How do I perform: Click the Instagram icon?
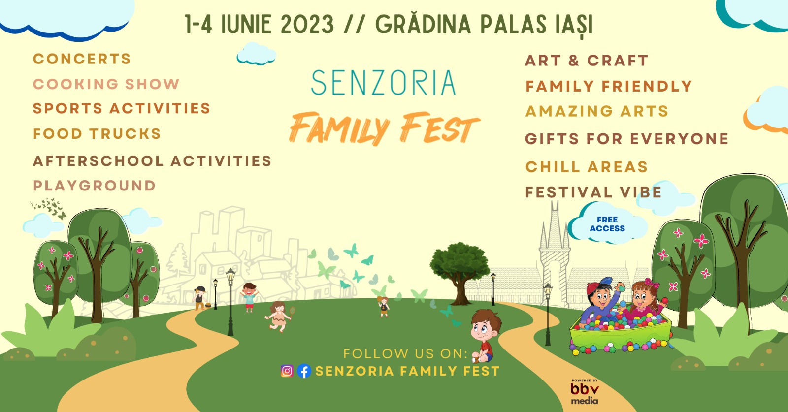pos(287,371)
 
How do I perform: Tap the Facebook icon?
pos(304,371)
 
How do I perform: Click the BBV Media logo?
pos(585,392)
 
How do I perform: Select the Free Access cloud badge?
pos(608,224)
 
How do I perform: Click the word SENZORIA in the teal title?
pos(384,83)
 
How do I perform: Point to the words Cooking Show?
pos(106,84)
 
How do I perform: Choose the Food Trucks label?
pos(97,134)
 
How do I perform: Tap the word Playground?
pos(94,186)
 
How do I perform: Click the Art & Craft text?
pos(587,61)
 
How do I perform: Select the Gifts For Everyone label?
pos(626,139)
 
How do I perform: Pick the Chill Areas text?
pos(587,167)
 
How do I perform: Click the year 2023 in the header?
pos(307,25)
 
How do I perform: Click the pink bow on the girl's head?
pos(652,283)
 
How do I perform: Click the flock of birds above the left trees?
pos(49,207)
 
